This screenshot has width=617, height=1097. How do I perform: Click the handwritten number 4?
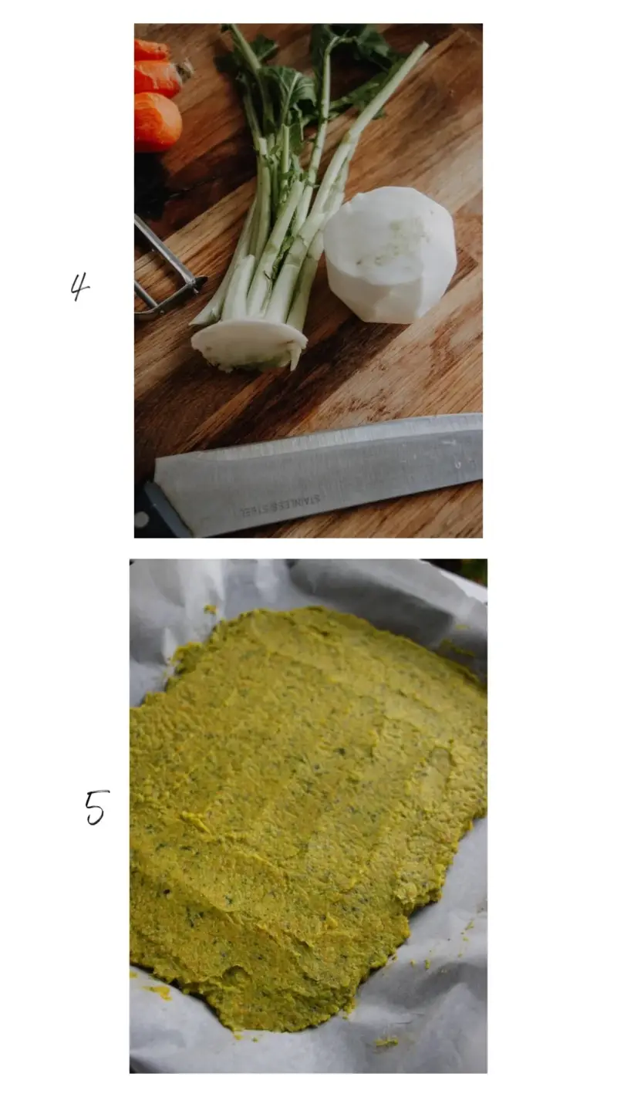click(79, 287)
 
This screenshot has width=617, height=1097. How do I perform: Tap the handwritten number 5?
click(96, 807)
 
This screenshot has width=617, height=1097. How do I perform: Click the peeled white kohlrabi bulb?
click(390, 255)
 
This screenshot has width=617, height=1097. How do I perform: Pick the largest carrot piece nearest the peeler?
click(156, 121)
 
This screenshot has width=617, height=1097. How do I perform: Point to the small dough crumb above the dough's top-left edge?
click(211, 610)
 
